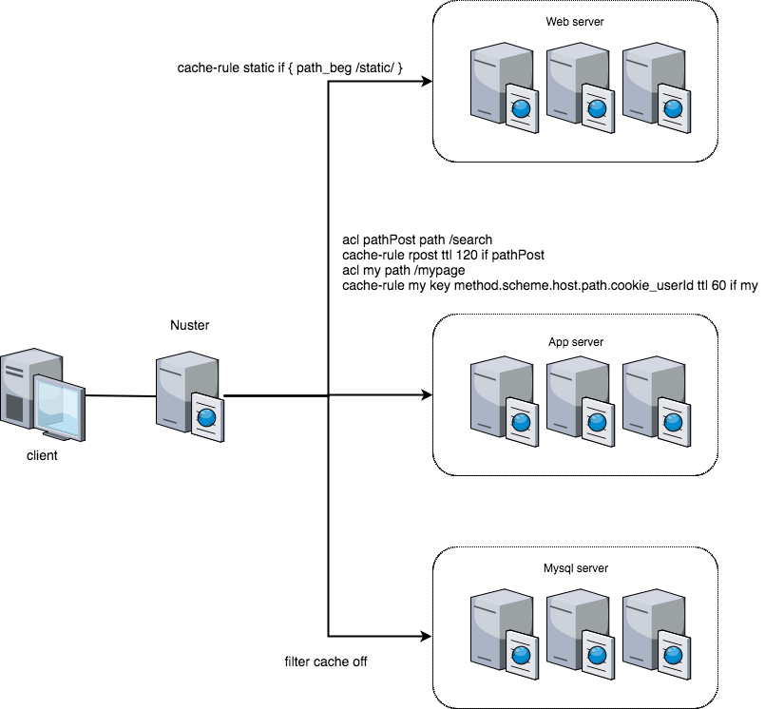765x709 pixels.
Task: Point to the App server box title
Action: [575, 342]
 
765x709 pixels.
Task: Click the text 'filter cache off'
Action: [326, 661]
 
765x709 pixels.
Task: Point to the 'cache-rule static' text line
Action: [291, 68]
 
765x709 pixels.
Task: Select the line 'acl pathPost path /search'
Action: [417, 239]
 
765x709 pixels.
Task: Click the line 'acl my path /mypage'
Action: [403, 270]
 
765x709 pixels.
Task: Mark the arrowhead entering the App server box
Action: [427, 395]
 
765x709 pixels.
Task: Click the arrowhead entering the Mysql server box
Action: [427, 636]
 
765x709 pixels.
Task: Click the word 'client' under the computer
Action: [42, 455]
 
